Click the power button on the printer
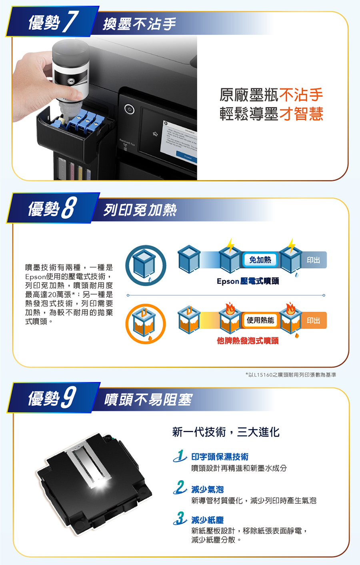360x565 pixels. click(x=129, y=109)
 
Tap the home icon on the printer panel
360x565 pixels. click(x=155, y=134)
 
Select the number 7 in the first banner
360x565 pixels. click(x=70, y=22)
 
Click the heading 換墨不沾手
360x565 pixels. click(x=139, y=24)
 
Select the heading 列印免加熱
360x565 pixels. click(x=140, y=210)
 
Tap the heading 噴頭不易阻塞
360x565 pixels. click(x=148, y=399)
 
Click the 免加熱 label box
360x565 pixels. click(x=260, y=260)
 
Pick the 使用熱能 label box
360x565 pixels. click(x=260, y=321)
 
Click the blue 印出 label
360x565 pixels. click(x=313, y=260)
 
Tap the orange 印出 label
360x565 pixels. click(x=313, y=321)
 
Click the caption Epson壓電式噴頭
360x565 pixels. click(x=248, y=281)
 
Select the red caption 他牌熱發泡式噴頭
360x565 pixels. click(x=248, y=341)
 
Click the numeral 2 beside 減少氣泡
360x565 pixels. click(x=180, y=487)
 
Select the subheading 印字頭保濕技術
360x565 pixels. click(x=220, y=457)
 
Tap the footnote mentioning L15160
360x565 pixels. click(x=291, y=375)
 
